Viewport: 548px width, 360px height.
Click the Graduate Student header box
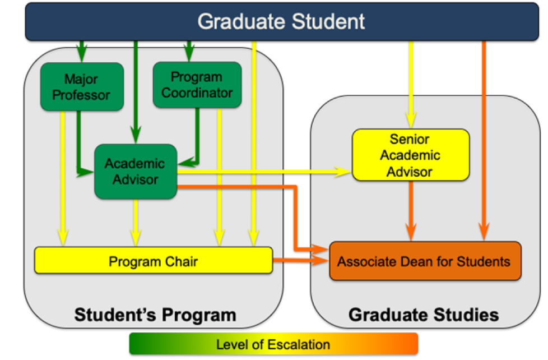280,21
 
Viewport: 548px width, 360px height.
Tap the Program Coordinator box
197,85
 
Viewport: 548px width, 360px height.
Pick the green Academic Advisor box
136,172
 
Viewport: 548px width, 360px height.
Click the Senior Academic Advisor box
410,155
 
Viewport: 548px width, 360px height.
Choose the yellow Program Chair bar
154,261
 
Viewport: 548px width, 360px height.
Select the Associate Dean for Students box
425,261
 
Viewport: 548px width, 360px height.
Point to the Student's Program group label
155,315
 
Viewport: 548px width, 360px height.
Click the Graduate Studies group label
424,315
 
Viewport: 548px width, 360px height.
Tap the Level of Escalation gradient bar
273,344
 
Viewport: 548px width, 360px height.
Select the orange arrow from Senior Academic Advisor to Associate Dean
411,207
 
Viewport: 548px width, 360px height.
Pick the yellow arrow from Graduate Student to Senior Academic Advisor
412,84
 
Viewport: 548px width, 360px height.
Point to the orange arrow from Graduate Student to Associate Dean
484,140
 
